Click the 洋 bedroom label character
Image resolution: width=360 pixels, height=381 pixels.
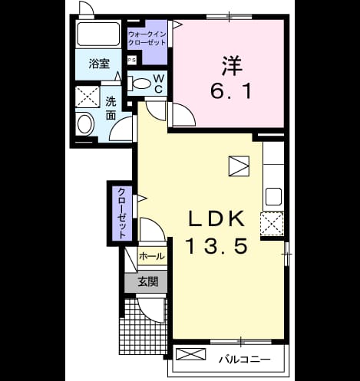coord(232,65)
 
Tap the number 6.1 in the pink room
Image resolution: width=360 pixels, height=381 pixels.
coord(231,92)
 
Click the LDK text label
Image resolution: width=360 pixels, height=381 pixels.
coord(216,218)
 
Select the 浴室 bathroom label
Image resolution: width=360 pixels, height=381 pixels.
coord(99,64)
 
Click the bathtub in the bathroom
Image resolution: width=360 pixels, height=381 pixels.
coord(98,34)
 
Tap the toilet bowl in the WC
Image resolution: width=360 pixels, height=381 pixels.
coord(140,84)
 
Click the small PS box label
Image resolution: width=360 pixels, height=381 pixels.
coord(132,61)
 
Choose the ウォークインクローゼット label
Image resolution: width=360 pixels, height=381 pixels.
coord(147,38)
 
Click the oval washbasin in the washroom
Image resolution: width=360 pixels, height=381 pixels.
coord(84,124)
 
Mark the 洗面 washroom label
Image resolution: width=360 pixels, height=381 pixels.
coord(111,109)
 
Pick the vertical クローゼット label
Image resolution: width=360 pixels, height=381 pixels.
coord(122,213)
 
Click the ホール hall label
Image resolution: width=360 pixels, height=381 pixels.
coord(152,256)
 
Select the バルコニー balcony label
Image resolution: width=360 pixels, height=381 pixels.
coord(244,360)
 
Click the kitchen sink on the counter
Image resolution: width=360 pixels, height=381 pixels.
coord(273,196)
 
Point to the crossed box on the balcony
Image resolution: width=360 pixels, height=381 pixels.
coord(191,354)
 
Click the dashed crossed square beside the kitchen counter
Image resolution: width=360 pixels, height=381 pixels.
coord(272,224)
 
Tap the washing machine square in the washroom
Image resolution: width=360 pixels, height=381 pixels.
coord(88,97)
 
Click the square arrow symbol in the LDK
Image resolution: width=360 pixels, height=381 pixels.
coord(239,166)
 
